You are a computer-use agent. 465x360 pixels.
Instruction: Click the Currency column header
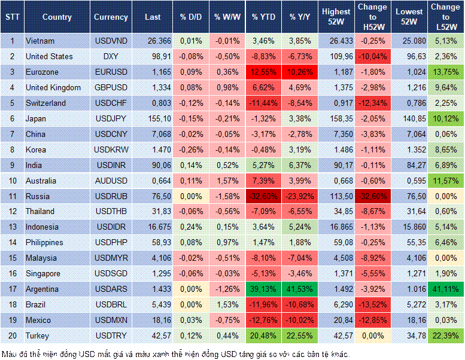click(x=111, y=17)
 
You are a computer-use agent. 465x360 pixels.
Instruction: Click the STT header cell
click(x=12, y=17)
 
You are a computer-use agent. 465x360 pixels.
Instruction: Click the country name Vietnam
click(x=41, y=41)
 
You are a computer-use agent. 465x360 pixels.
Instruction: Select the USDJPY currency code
click(x=111, y=118)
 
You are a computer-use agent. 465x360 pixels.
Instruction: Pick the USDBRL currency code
click(x=111, y=304)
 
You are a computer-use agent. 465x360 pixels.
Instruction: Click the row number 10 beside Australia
click(x=12, y=181)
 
